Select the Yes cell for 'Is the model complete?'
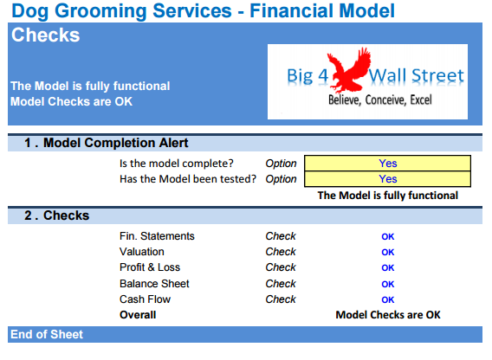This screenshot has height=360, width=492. point(387,163)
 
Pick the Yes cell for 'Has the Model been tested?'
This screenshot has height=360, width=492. point(387,179)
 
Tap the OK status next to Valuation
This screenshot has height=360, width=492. point(387,253)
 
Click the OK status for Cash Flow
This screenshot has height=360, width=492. point(387,299)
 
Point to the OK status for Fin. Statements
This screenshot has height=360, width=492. point(387,236)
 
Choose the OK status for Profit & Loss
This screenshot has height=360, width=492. point(387,268)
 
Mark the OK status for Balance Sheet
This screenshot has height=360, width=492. point(387,284)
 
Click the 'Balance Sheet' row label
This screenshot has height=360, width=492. point(154,284)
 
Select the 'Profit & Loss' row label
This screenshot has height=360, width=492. point(150,268)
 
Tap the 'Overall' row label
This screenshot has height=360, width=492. point(138,315)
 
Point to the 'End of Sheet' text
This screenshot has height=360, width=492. point(47,335)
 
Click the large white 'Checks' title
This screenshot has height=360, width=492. point(46,35)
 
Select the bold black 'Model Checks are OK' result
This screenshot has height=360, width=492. point(387,315)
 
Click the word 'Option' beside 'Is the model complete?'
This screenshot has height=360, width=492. point(281,163)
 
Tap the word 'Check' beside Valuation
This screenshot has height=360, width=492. point(281,253)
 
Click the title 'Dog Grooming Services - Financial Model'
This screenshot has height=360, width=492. point(203,11)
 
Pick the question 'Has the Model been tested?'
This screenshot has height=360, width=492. point(188,179)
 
